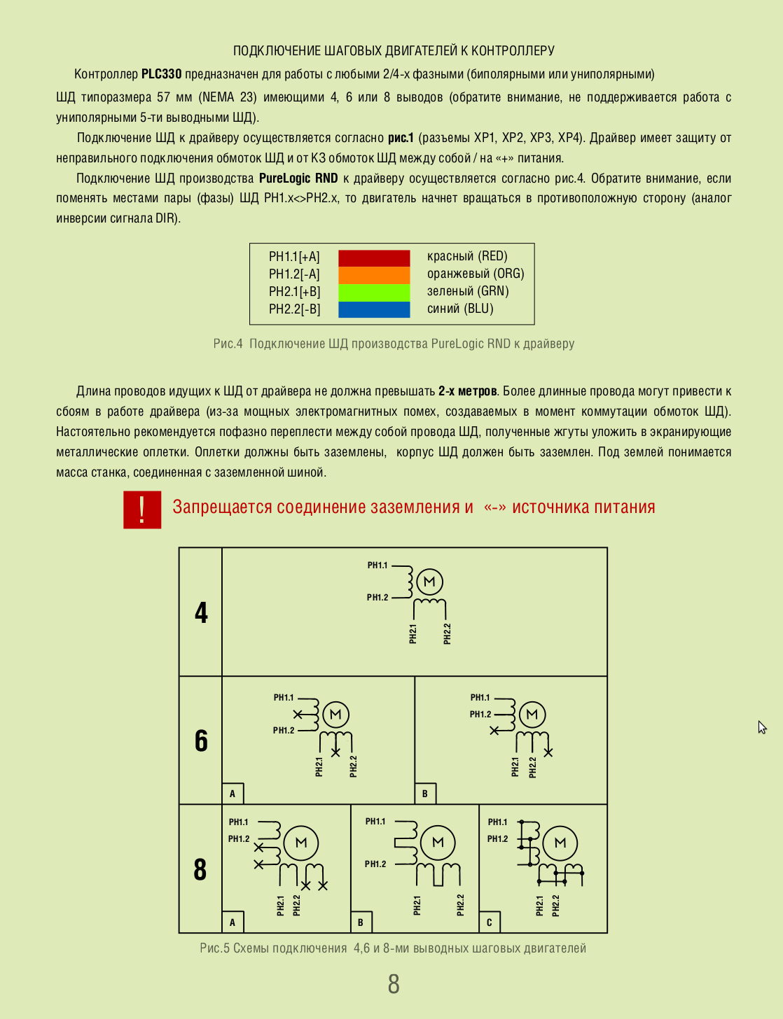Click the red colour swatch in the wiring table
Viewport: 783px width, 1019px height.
tap(374, 258)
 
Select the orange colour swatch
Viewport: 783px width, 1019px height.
tap(374, 275)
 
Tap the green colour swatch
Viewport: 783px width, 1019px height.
tap(374, 293)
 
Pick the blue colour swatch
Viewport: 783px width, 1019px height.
tap(374, 309)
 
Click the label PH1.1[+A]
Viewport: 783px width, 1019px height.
tap(294, 257)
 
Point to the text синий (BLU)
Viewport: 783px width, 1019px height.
tap(460, 309)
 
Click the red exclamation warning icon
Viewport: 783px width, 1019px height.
tap(142, 509)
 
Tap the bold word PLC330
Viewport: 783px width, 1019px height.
tap(161, 74)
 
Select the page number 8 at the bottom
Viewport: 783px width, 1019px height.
tap(394, 984)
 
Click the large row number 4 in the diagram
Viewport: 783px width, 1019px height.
tap(201, 612)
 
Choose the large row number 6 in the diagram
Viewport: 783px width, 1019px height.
tap(201, 740)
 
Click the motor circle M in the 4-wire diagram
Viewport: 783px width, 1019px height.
tap(429, 582)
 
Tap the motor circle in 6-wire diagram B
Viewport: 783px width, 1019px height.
tap(532, 715)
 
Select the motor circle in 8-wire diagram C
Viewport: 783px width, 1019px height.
tap(560, 843)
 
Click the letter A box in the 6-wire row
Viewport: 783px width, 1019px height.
tap(233, 794)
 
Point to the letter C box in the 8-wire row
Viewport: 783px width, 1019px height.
tap(489, 922)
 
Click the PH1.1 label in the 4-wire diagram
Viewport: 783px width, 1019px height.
tap(377, 565)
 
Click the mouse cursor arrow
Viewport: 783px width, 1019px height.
tap(761, 726)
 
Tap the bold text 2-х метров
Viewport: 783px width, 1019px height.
tap(468, 391)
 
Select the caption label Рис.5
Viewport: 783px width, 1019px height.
tap(214, 948)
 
